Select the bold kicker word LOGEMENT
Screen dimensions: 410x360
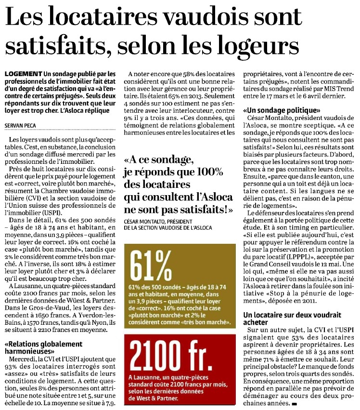click(22, 73)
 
